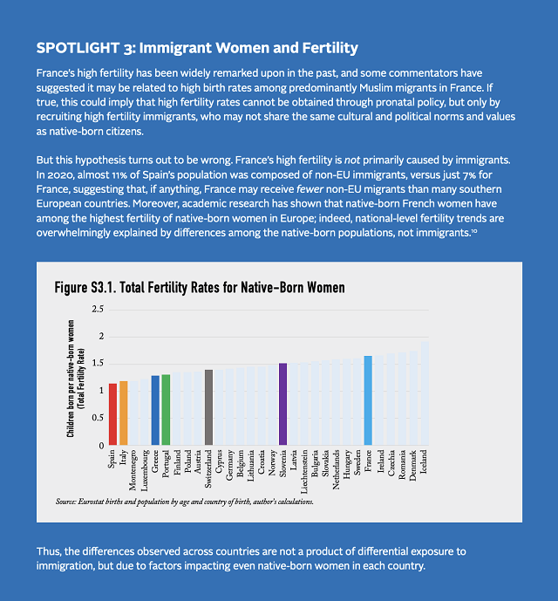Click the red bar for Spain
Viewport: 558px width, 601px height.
click(x=112, y=414)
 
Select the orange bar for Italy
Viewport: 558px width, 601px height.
click(x=123, y=413)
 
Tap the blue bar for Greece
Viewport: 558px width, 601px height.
click(x=155, y=410)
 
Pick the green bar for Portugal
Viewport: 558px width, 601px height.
click(x=166, y=410)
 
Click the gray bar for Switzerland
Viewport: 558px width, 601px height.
click(x=208, y=407)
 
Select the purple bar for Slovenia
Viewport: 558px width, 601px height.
click(x=282, y=404)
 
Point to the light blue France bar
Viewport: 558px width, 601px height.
click(x=368, y=400)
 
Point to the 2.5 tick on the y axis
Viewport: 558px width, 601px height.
click(x=97, y=309)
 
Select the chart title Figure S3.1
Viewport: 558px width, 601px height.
click(x=200, y=287)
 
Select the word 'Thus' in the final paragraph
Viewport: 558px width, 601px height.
click(x=48, y=553)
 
